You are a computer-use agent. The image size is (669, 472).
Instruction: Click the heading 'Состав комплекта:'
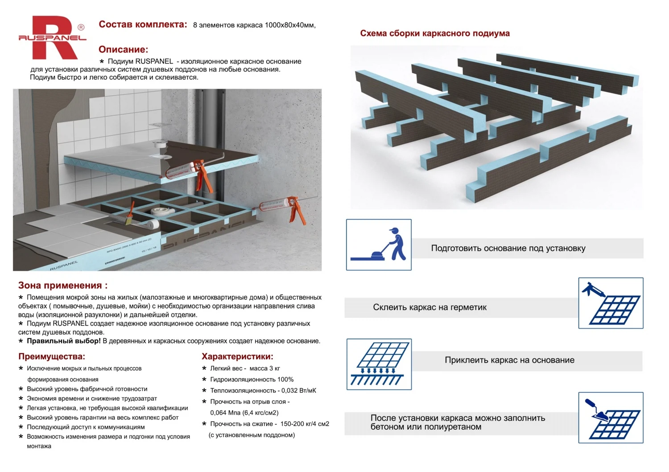pyautogui.click(x=143, y=24)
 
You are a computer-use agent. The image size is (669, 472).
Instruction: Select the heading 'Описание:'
pyautogui.click(x=123, y=49)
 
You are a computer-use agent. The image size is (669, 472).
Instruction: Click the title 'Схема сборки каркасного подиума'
pyautogui.click(x=434, y=33)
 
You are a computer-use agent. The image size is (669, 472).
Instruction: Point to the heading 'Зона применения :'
pyautogui.click(x=62, y=285)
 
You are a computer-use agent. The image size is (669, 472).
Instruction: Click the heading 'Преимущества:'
pyautogui.click(x=51, y=356)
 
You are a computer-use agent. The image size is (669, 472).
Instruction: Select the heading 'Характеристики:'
pyautogui.click(x=237, y=356)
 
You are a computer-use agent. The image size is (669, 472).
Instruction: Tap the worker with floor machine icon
pyautogui.click(x=379, y=244)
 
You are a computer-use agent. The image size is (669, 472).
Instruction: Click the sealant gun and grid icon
pyautogui.click(x=611, y=303)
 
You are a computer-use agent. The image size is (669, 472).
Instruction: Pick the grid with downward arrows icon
pyautogui.click(x=379, y=364)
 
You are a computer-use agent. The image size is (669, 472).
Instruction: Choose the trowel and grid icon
pyautogui.click(x=611, y=418)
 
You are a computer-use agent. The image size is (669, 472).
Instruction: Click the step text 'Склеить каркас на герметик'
pyautogui.click(x=429, y=307)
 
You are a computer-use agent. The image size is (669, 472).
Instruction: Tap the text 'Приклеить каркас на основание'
pyautogui.click(x=509, y=360)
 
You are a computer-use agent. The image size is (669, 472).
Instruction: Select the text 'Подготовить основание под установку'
pyautogui.click(x=508, y=248)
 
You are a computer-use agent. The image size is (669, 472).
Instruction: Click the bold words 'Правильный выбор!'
pyautogui.click(x=64, y=341)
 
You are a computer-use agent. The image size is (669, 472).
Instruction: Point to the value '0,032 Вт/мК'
pyautogui.click(x=299, y=391)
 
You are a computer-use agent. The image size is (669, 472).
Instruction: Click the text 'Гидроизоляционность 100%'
pyautogui.click(x=252, y=379)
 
